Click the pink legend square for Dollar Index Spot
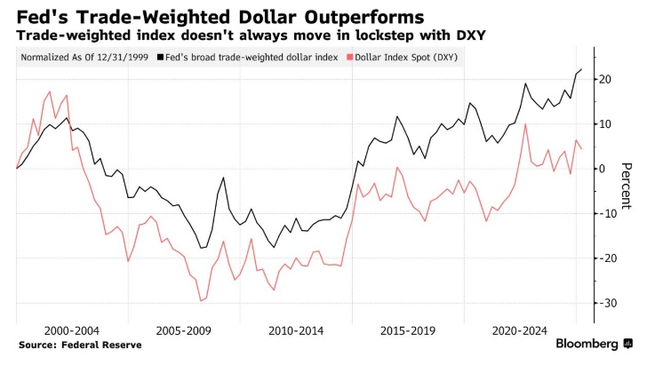(348, 58)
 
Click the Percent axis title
(627, 187)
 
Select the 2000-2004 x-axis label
(70, 330)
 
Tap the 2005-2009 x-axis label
(183, 330)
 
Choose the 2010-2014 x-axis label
(296, 330)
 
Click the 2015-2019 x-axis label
(408, 330)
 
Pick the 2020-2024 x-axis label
(521, 330)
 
